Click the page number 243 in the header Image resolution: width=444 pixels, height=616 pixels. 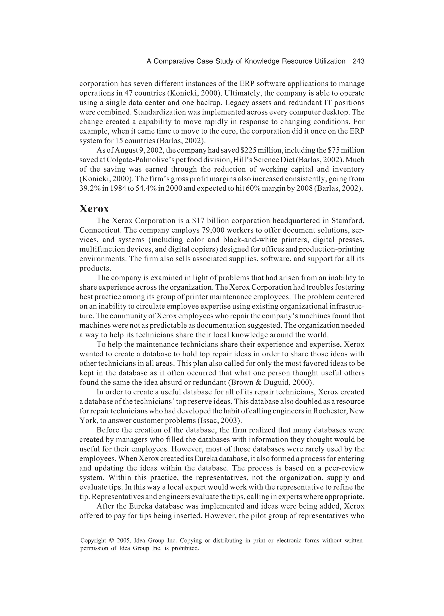[x=358, y=61]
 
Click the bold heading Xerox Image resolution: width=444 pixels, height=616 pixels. [x=94, y=209]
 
